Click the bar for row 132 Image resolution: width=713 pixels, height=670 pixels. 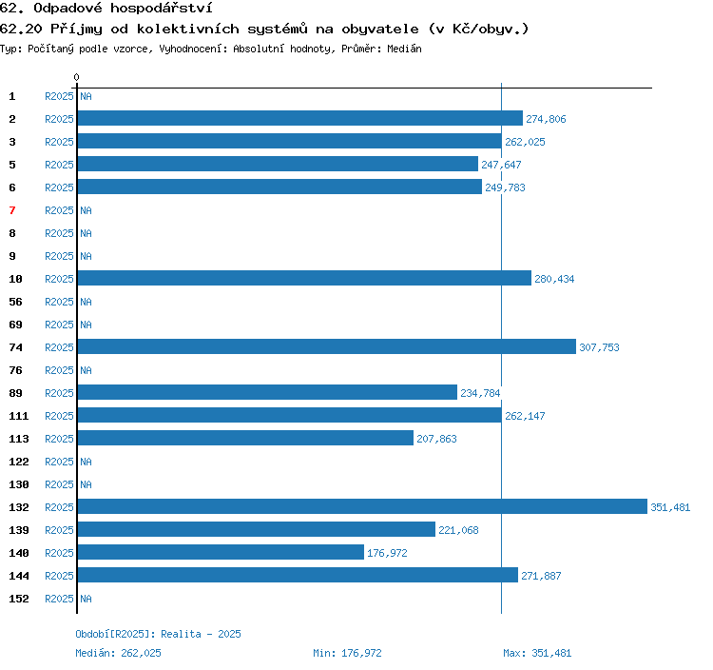click(362, 506)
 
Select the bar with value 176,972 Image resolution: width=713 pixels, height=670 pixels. click(221, 552)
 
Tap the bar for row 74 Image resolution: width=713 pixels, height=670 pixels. click(326, 346)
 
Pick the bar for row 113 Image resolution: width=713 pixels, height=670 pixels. click(245, 438)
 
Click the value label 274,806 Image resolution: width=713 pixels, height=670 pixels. click(546, 119)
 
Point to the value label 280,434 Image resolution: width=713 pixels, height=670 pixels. click(554, 279)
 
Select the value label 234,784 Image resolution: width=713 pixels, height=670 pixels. click(480, 393)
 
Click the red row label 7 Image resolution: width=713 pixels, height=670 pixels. click(12, 210)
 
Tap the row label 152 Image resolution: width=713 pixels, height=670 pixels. click(19, 599)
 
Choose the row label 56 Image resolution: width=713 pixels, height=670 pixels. click(15, 302)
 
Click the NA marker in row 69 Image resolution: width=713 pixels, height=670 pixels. click(86, 325)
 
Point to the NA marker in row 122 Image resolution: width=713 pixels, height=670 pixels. click(86, 462)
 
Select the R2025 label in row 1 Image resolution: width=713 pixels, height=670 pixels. click(59, 96)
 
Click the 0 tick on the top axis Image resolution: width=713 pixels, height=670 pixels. click(76, 77)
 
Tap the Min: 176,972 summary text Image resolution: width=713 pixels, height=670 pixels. click(347, 653)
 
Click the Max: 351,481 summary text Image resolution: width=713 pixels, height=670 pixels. click(537, 653)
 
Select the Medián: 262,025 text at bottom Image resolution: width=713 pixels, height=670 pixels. click(118, 653)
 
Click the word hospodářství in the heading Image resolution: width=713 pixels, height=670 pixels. click(162, 9)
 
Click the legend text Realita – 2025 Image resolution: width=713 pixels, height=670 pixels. click(201, 634)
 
